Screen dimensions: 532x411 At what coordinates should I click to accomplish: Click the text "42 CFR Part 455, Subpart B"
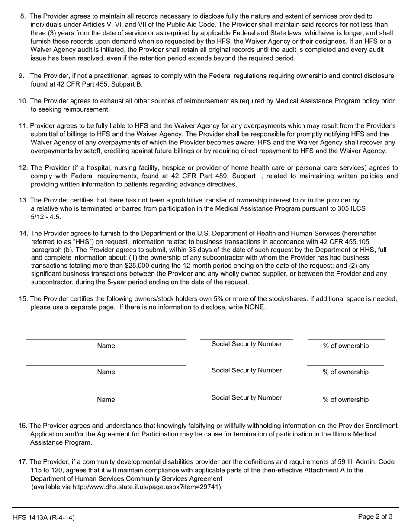coord(86,84)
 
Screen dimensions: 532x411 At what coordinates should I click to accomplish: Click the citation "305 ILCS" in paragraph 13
coord(352,208)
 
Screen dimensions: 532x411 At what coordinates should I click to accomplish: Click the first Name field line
coord(106,339)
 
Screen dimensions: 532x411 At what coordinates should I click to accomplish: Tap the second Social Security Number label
coord(247,371)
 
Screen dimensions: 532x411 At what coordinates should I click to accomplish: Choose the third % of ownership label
coord(346,400)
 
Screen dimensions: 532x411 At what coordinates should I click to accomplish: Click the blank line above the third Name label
coord(106,393)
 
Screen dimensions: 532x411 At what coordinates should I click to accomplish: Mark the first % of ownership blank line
coord(346,339)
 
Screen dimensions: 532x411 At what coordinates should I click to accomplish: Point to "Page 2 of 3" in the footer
coord(375,516)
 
